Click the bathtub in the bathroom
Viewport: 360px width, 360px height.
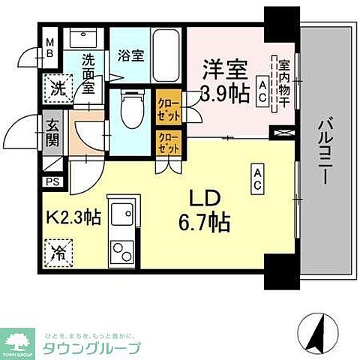tap(164, 54)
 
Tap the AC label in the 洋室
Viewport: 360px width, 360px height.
tap(262, 89)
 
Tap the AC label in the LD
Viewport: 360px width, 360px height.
tap(256, 176)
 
